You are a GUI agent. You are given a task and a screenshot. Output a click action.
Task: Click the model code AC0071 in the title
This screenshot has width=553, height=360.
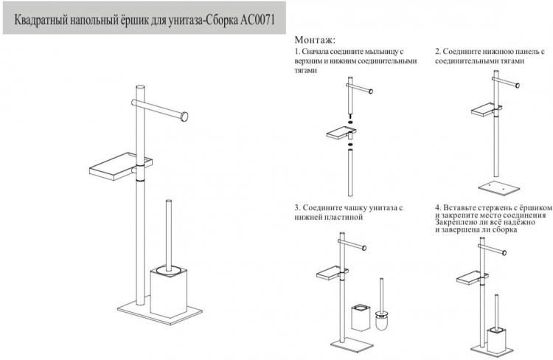coord(257,20)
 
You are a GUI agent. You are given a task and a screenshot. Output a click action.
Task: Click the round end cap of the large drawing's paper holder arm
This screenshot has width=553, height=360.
coord(184,117)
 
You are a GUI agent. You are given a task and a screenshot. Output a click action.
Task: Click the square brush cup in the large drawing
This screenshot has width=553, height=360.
coord(168,292)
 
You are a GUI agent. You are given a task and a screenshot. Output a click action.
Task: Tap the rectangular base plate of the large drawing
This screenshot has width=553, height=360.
coord(159,311)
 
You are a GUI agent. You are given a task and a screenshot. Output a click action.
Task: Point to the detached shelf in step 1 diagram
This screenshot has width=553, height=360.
coord(341,134)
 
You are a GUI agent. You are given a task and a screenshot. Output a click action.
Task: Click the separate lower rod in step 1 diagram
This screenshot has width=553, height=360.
coord(350,173)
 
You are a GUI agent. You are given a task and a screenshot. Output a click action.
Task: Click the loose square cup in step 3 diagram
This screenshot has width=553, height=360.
coord(360,318)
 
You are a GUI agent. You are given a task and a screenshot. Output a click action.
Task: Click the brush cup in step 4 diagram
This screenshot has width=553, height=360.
coord(496,338)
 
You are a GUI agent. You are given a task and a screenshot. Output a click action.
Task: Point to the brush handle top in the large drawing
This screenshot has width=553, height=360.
coord(169,202)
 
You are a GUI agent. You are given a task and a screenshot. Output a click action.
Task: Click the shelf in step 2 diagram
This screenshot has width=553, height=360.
coord(486,109)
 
